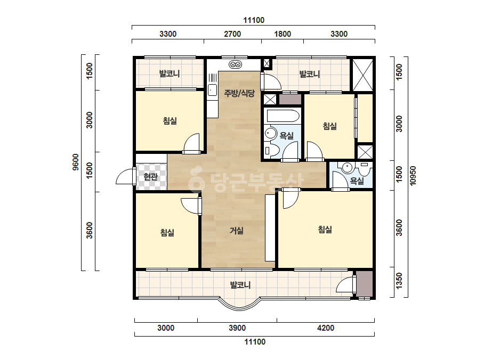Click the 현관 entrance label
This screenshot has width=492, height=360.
pos(151,177)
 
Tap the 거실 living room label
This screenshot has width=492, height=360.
pos(237,231)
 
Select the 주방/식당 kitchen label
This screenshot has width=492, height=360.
pos(239,93)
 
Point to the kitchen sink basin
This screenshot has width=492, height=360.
pos(212,90)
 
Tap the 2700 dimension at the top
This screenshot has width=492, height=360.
pos(232,34)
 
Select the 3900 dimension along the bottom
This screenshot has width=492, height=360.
pos(237,328)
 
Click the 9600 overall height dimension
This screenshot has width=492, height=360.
pos(76,162)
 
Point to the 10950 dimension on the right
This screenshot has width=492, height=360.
pos(413,176)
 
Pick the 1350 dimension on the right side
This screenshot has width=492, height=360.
pos(399,281)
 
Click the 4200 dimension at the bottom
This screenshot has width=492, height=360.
pos(326,328)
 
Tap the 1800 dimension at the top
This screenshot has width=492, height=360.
pos(283,34)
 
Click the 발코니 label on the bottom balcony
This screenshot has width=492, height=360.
pos(240,285)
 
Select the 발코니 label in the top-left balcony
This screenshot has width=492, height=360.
pos(170,73)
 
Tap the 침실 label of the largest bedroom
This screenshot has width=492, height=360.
pos(325,230)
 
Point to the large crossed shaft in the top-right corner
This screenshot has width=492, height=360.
pos(363,75)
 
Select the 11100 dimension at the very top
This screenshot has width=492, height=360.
pos(254,20)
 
